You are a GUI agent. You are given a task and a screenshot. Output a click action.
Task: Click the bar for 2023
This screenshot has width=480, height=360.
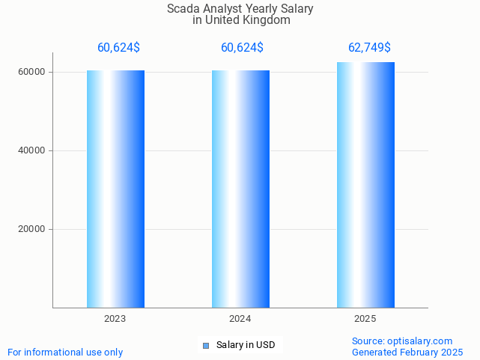click(115, 189)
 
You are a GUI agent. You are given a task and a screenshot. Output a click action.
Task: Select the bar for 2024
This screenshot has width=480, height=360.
click(240, 189)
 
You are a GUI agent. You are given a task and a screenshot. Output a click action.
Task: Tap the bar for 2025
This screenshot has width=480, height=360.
click(365, 185)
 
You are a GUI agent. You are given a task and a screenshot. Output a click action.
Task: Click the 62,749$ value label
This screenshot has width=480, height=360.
click(369, 48)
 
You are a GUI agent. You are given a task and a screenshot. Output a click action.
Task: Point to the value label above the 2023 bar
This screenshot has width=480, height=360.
click(118, 48)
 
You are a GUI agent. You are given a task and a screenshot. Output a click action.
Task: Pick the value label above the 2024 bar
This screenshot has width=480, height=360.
click(242, 48)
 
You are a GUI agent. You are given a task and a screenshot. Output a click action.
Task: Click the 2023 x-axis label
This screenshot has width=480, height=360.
click(115, 319)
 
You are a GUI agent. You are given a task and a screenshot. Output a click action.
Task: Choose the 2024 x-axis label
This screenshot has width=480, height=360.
click(240, 319)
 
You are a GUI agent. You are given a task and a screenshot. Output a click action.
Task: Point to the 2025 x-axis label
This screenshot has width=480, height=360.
click(365, 319)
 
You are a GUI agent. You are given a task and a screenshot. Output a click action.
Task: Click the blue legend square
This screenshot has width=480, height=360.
click(207, 345)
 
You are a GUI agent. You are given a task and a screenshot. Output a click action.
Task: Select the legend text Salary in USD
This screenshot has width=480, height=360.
click(246, 345)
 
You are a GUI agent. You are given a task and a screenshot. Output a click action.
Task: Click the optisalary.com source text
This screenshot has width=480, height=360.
click(402, 341)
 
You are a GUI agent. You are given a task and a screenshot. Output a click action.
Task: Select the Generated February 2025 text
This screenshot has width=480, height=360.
click(407, 353)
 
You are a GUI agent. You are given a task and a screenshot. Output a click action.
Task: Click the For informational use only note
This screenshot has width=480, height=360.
click(65, 353)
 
